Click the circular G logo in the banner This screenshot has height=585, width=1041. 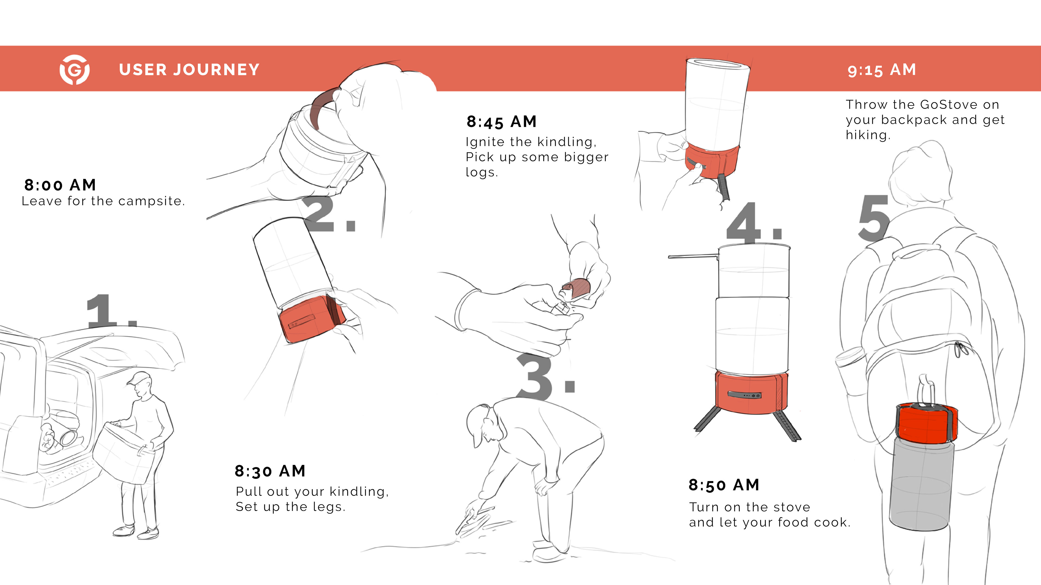(75, 69)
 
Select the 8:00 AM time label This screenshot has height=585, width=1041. (60, 185)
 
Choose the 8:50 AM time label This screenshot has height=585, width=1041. (724, 485)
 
